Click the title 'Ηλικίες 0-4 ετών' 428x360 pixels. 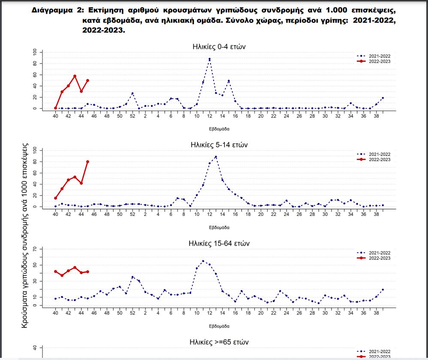pos(219,47)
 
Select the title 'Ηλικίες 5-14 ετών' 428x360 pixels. pos(219,145)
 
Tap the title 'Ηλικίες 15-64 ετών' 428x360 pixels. pos(219,243)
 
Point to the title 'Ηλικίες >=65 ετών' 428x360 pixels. pos(219,342)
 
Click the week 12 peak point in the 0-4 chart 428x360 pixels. pos(209,59)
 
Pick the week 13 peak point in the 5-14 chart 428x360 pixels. pos(216,157)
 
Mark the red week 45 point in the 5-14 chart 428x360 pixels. pos(87,162)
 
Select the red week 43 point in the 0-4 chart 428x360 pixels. pos(75,76)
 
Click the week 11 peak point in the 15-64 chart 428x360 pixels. pos(203,261)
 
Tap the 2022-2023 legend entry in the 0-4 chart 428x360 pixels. pos(373,61)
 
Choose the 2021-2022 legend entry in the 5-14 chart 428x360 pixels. pos(373,154)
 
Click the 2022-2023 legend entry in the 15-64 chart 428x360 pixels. pos(373,258)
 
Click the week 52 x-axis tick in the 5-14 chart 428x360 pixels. pos(133,214)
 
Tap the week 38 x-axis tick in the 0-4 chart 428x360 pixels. pos(376,116)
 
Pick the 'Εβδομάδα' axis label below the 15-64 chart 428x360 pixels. pos(219,326)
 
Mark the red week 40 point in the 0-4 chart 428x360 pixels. pos(55,108)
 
